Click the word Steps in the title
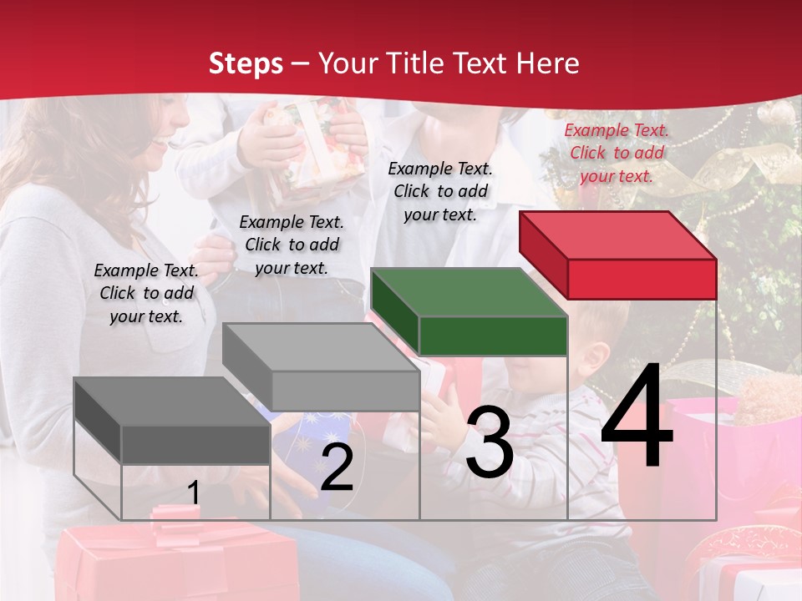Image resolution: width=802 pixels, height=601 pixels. point(246,63)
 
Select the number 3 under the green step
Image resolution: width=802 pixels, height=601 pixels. point(489,442)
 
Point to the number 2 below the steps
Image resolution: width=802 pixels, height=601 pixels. point(337,467)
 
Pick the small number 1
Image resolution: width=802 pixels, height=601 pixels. point(194,493)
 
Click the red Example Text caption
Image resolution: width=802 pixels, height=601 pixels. point(617,153)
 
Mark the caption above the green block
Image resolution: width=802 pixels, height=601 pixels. point(440,191)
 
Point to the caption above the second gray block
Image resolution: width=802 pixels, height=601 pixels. point(292,245)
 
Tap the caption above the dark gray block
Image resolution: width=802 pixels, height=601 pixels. point(146,293)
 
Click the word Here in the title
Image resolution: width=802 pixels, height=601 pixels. point(550,63)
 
